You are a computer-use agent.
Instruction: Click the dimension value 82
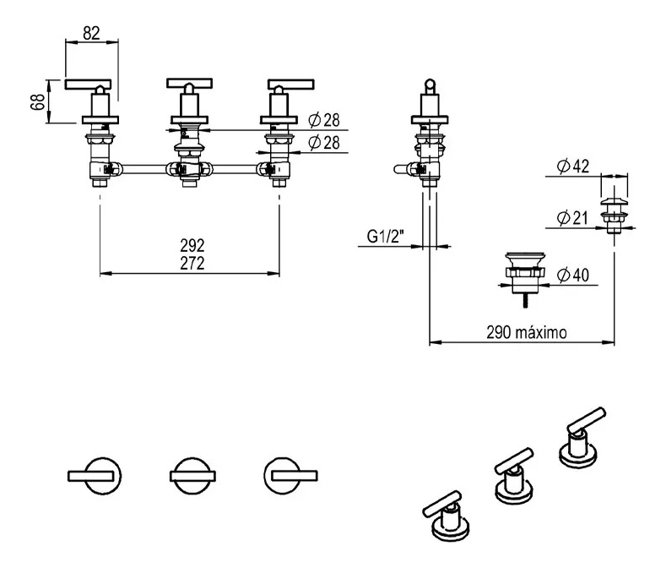point(92,33)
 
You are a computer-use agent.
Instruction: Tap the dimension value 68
point(36,102)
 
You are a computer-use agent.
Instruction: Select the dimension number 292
point(192,246)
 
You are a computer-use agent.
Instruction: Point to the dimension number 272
point(192,263)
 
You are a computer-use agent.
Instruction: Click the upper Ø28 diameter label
point(323,119)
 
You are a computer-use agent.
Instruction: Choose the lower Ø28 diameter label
point(323,144)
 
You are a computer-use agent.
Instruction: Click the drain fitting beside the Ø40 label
point(523,270)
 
